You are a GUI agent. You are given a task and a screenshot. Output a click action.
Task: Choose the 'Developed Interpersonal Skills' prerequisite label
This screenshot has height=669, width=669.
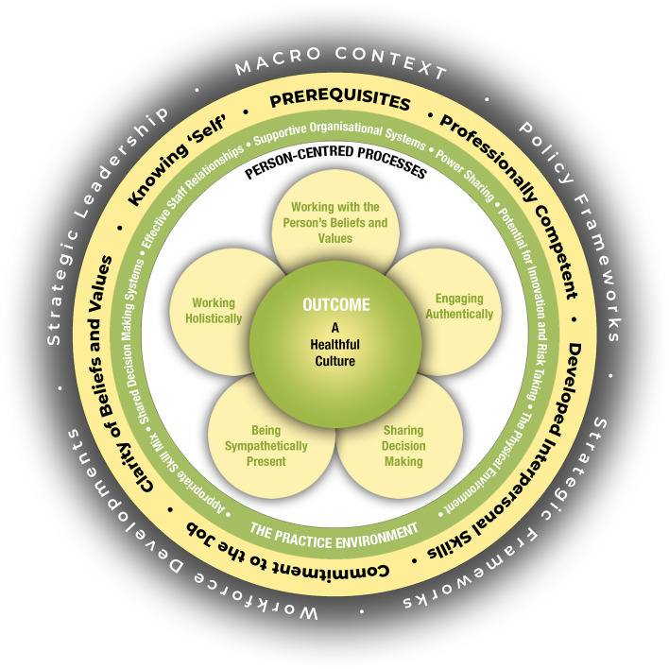coord(529,444)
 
